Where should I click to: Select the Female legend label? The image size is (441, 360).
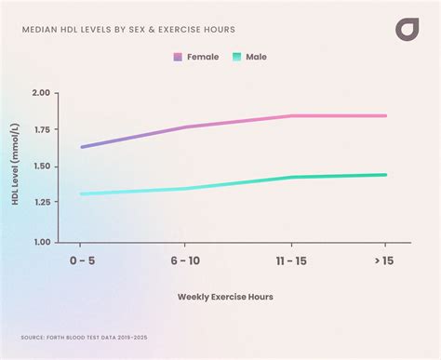[x=203, y=57]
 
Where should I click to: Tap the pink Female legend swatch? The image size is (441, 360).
[x=178, y=57]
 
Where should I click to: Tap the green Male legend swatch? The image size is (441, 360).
[x=236, y=57]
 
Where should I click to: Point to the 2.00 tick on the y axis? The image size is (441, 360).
[x=40, y=93]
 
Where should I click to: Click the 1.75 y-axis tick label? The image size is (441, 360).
[x=40, y=130]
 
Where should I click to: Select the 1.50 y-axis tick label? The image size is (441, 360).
[x=40, y=167]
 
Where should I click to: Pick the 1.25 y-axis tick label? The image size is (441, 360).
[x=40, y=205]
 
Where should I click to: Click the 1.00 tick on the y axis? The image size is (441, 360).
[x=40, y=242]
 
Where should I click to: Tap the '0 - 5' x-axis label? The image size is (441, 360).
[x=82, y=260]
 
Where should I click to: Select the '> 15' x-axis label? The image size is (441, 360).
[x=383, y=260]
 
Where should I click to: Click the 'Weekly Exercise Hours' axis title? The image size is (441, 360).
[x=226, y=297]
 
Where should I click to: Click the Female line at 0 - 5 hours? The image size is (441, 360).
[x=82, y=147]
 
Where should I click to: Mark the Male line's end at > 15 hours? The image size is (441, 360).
[x=385, y=175]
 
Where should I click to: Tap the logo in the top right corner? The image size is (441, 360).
[x=408, y=29]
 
